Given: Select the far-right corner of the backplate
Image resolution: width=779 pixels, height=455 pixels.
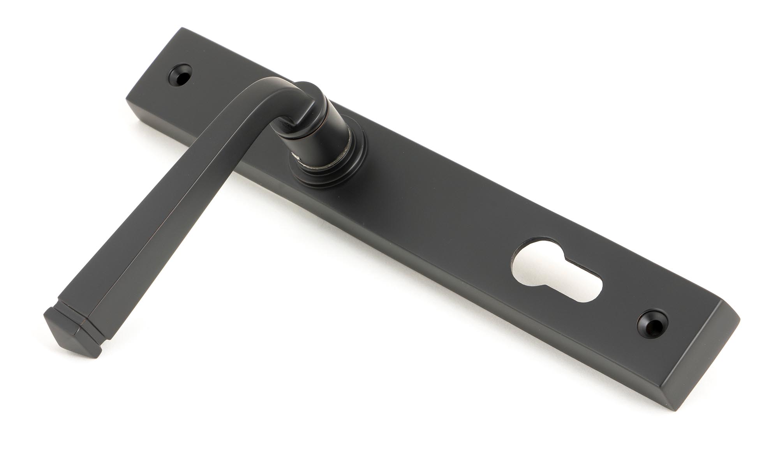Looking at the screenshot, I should [x=739, y=320].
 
